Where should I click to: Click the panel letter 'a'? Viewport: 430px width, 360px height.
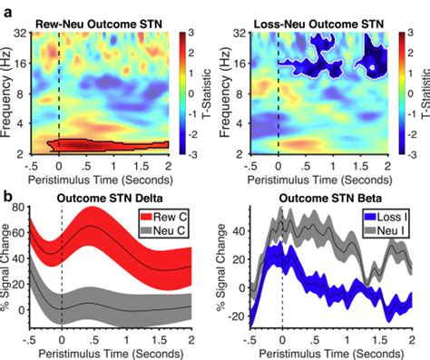[7, 7]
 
